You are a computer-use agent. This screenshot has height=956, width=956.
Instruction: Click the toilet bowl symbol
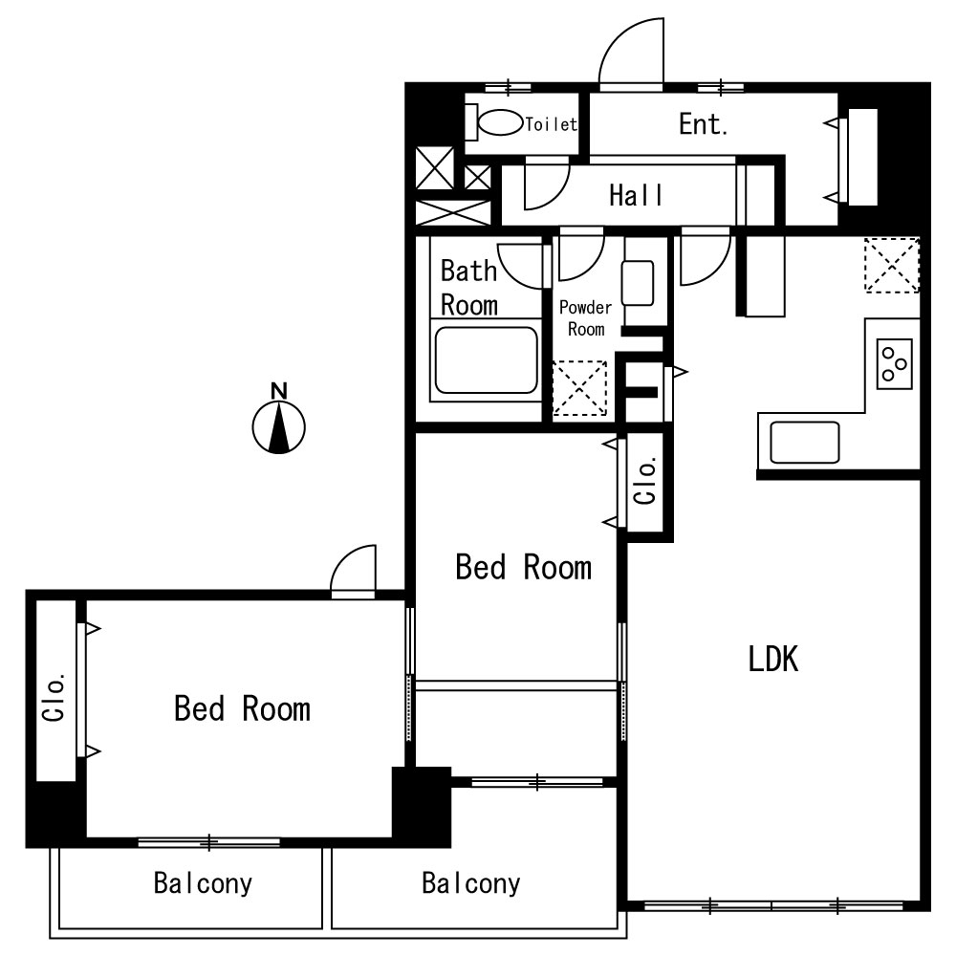click(494, 122)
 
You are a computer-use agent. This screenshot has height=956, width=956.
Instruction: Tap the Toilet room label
click(552, 124)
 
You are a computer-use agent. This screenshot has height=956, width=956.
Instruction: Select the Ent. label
click(703, 124)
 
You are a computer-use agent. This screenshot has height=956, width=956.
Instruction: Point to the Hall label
click(636, 195)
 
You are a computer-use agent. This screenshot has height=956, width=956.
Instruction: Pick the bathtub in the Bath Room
click(486, 360)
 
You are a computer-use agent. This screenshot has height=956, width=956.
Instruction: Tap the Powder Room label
click(585, 318)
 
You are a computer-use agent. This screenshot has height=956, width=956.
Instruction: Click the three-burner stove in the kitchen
click(895, 363)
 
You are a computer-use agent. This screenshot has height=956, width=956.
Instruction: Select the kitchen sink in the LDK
click(805, 443)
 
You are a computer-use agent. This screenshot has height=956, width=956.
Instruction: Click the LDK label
click(773, 659)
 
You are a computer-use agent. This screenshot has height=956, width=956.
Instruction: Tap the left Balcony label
click(203, 882)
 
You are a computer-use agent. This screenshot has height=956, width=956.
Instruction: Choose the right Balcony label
click(471, 882)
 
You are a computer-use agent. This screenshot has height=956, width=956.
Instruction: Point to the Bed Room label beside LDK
click(524, 567)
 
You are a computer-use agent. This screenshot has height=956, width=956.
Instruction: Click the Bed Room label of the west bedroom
click(242, 708)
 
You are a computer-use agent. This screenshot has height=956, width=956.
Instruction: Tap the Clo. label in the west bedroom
click(54, 698)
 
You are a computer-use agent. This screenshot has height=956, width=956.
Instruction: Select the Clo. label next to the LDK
click(645, 481)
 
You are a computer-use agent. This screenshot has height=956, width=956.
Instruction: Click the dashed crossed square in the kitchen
click(891, 265)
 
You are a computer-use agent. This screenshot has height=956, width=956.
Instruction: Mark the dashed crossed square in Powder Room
click(579, 389)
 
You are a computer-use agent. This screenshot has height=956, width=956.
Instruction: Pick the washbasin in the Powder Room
click(638, 283)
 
